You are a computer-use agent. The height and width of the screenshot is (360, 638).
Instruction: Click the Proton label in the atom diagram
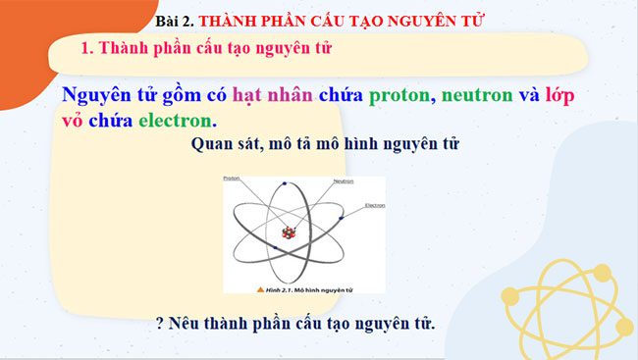(232, 179)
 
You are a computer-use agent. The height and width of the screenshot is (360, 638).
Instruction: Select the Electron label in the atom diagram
(374, 205)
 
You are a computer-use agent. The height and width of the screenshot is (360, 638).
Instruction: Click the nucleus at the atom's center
(289, 232)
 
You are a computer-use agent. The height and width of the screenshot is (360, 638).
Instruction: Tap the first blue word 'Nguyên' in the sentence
(97, 96)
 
